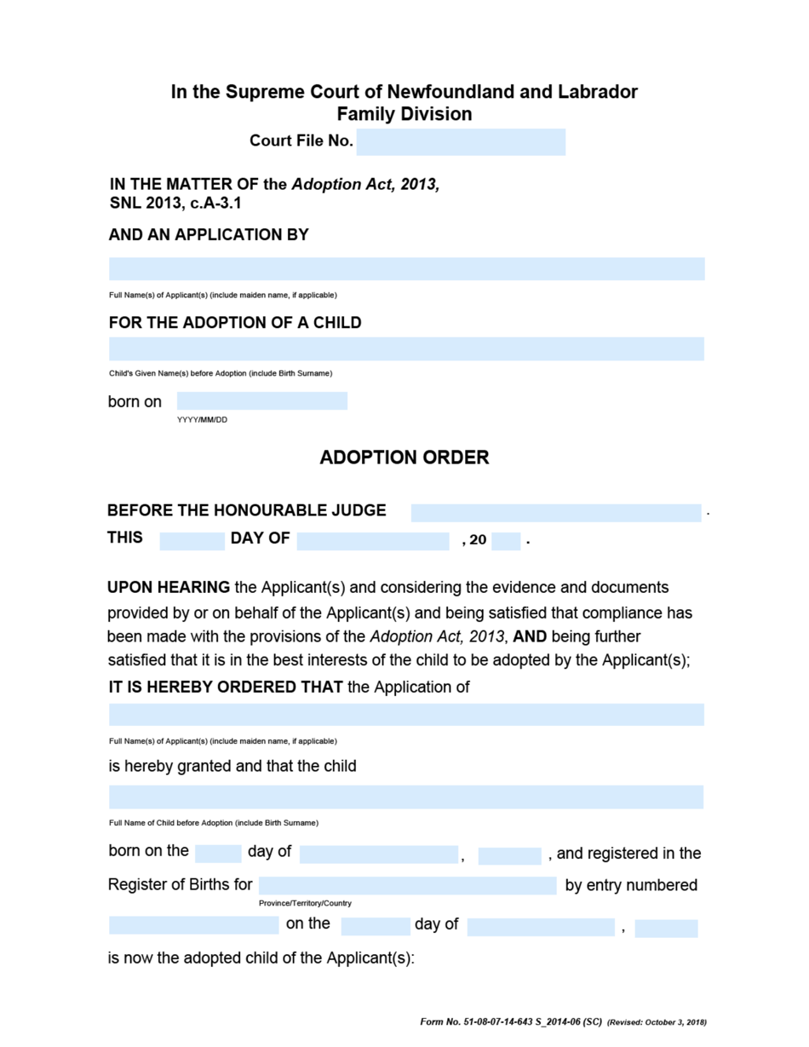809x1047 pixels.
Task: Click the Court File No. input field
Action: pos(461,142)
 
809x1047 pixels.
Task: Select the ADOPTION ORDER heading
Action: pos(404,457)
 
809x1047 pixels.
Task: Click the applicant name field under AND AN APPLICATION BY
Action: pos(406,269)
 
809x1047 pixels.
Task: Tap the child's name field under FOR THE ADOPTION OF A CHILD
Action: pos(406,348)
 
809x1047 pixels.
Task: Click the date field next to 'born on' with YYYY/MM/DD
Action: pos(262,401)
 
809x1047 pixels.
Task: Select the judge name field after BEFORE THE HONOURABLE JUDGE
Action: pos(556,513)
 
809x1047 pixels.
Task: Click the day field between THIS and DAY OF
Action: pos(192,541)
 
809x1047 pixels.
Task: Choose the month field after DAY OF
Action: pos(373,541)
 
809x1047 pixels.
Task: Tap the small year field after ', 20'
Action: pos(506,541)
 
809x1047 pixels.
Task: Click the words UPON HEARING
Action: pos(169,588)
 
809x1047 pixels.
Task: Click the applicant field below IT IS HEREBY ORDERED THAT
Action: pos(406,715)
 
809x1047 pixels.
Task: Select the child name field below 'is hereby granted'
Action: pos(406,797)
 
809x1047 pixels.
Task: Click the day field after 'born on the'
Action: pos(218,854)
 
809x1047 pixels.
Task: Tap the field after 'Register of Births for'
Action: pos(407,886)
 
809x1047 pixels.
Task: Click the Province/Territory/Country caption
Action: pos(305,903)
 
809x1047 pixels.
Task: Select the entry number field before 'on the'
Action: pos(193,925)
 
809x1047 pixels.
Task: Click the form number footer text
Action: pos(511,1021)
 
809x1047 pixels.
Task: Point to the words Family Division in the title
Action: pos(404,114)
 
